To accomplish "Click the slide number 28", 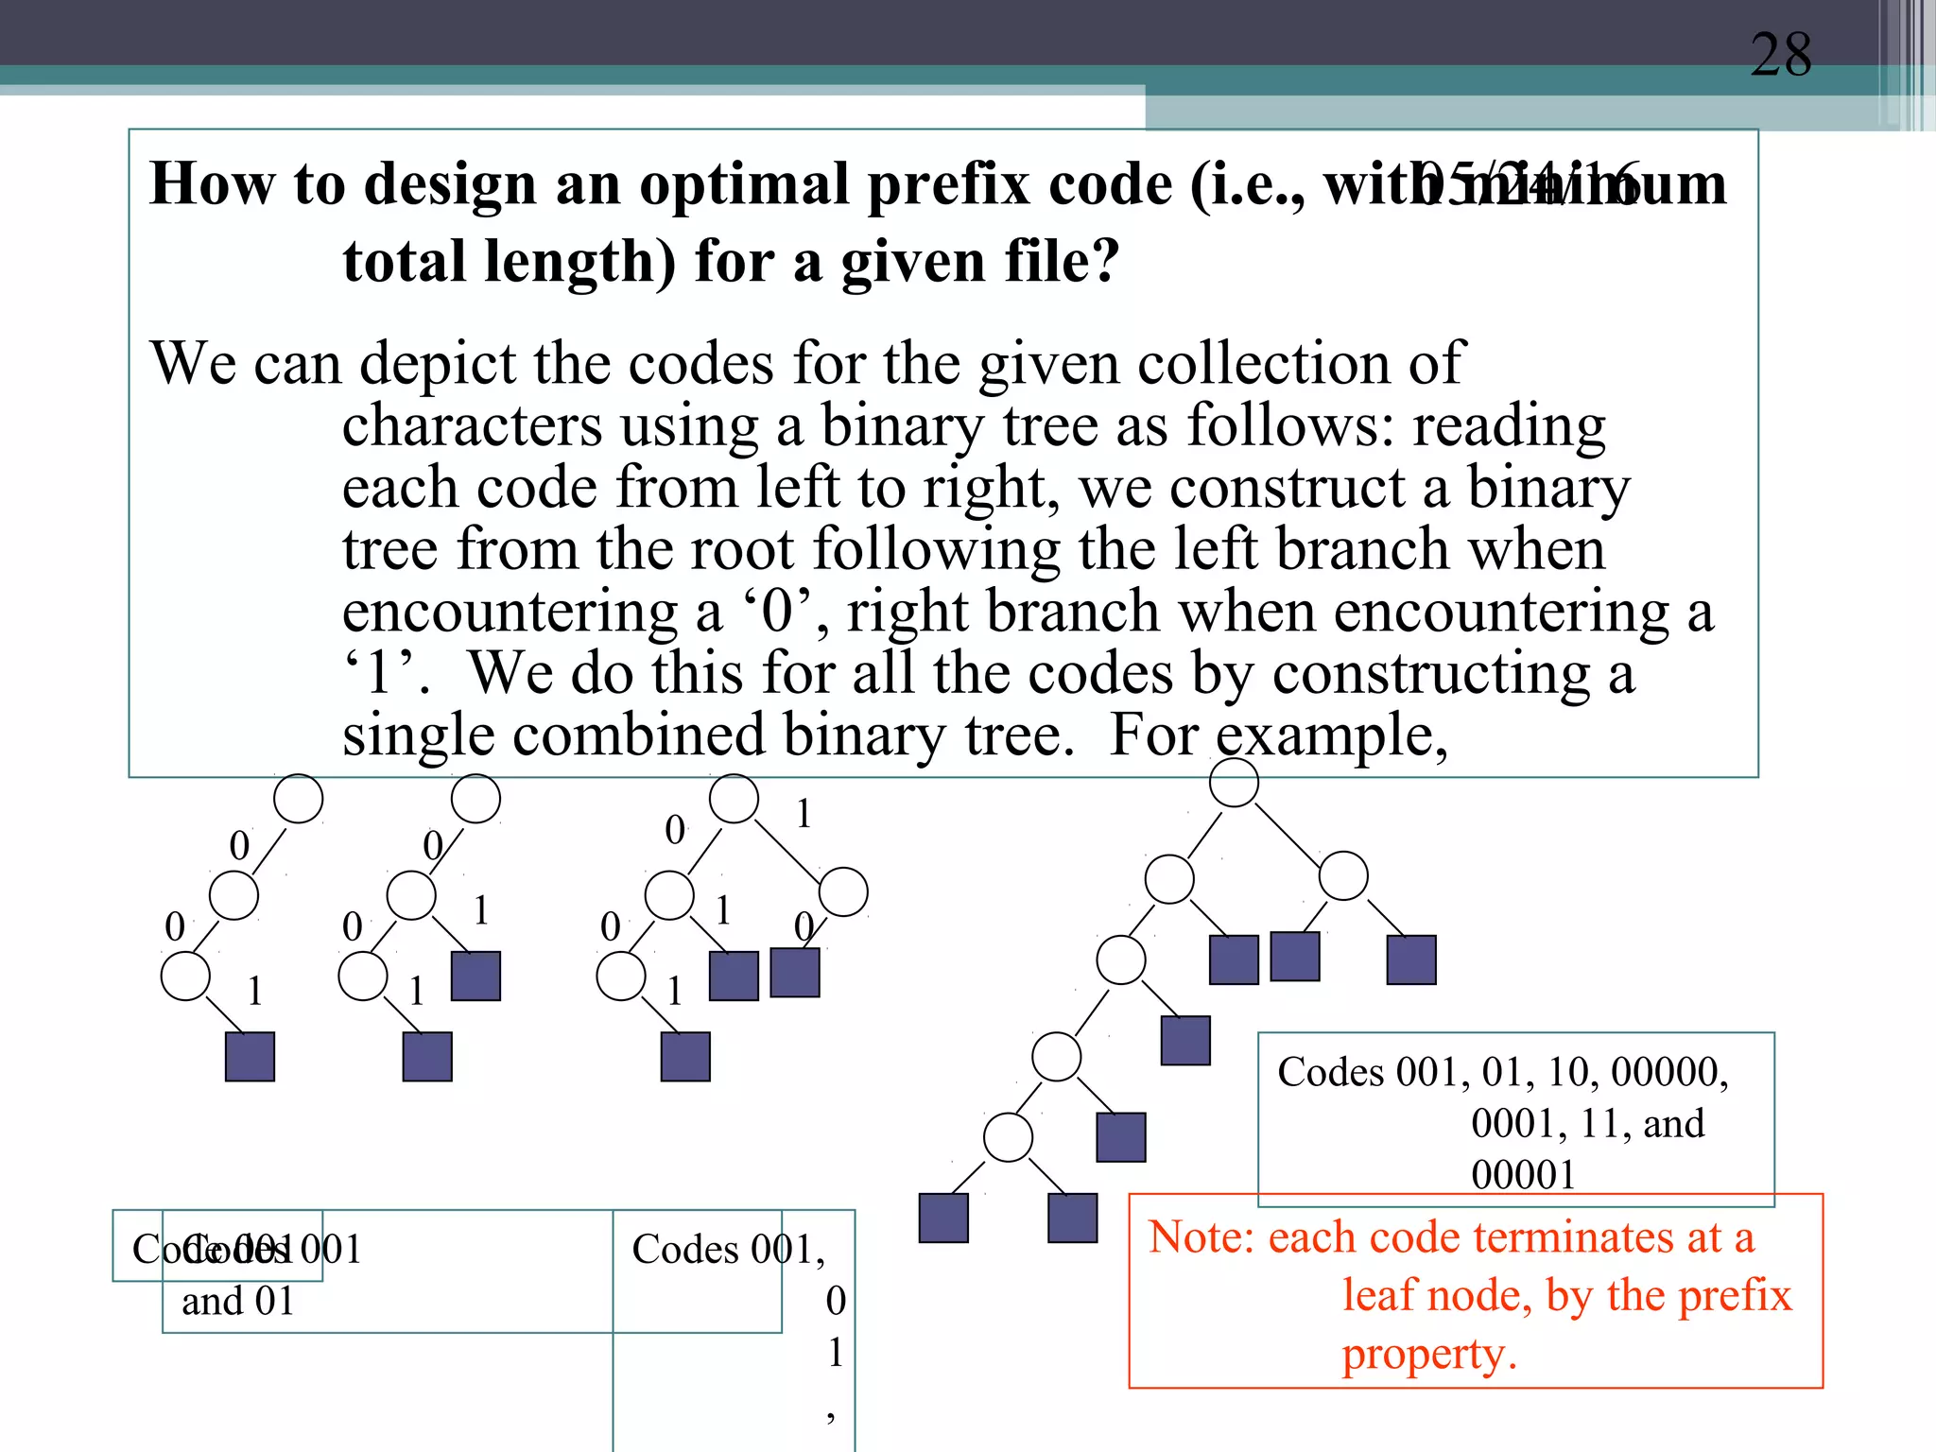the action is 1781,55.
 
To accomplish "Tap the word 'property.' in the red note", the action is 1428,1354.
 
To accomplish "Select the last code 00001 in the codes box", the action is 1523,1175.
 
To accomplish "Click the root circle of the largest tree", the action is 1234,783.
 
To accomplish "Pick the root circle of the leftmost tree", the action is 298,799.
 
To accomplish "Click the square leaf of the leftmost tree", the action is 250,1056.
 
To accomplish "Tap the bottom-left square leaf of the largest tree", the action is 943,1218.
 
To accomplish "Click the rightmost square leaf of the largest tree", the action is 1411,959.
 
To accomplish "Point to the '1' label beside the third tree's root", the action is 804,814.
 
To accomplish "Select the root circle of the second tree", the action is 475,799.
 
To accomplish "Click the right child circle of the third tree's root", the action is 843,892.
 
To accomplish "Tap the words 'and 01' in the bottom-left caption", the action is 238,1302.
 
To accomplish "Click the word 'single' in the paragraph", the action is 418,735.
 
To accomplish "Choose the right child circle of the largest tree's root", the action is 1343,875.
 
